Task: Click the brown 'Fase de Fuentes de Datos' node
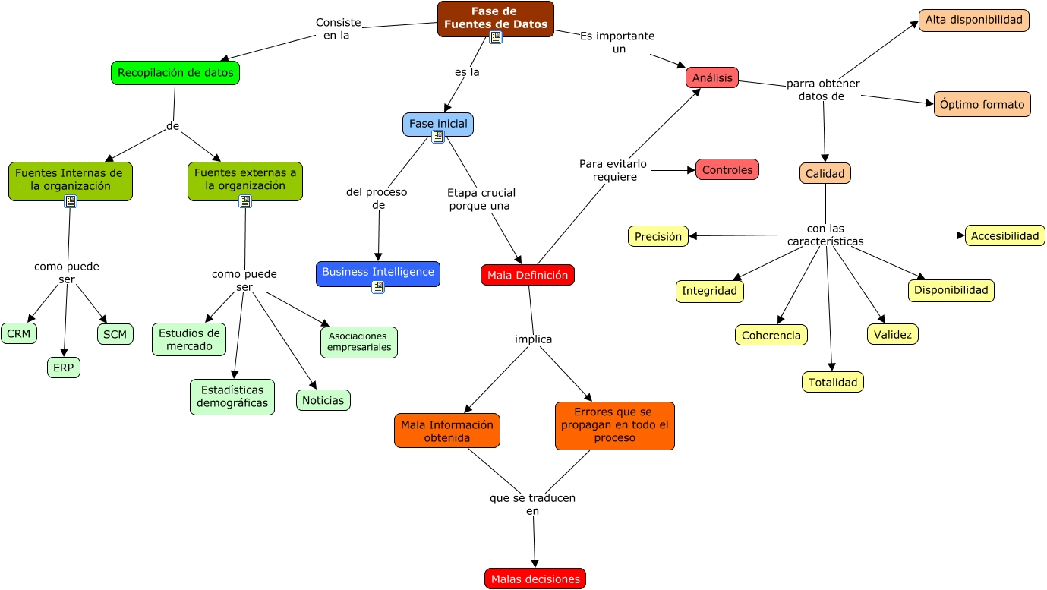pyautogui.click(x=495, y=17)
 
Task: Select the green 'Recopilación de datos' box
pyautogui.click(x=175, y=73)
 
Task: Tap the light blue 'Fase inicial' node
pyautogui.click(x=438, y=124)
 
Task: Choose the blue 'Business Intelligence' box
pyautogui.click(x=377, y=272)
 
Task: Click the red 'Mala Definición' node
pyautogui.click(x=528, y=275)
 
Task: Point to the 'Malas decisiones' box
pyautogui.click(x=535, y=579)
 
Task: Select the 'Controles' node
pyautogui.click(x=727, y=169)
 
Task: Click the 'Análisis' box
pyautogui.click(x=712, y=77)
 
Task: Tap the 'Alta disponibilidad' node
pyautogui.click(x=974, y=21)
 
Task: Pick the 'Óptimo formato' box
pyautogui.click(x=982, y=104)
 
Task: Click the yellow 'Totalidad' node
pyautogui.click(x=833, y=382)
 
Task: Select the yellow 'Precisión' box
pyautogui.click(x=658, y=236)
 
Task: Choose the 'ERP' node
pyautogui.click(x=64, y=368)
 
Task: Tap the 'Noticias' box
pyautogui.click(x=323, y=400)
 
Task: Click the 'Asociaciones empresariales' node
pyautogui.click(x=359, y=342)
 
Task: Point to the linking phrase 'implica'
pyautogui.click(x=534, y=339)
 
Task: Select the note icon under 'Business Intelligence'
pyautogui.click(x=378, y=287)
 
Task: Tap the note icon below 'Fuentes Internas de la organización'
pyautogui.click(x=71, y=201)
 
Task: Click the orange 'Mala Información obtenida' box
pyautogui.click(x=447, y=431)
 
